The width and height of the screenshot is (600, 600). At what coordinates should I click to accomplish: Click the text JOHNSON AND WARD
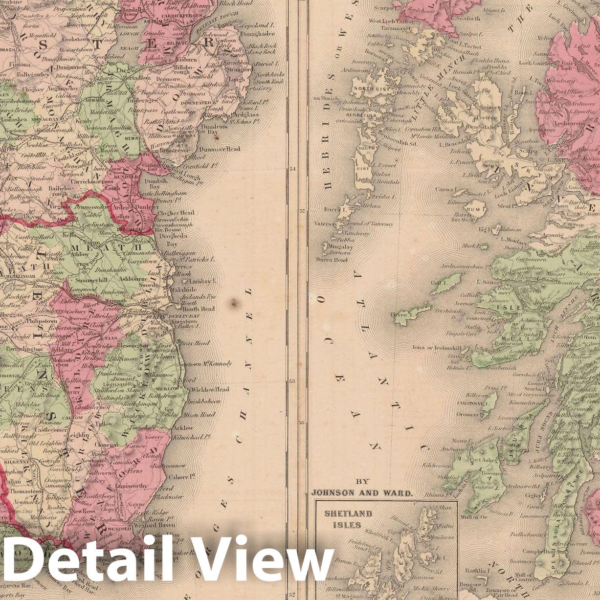361,493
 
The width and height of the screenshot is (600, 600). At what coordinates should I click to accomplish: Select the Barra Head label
332,260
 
